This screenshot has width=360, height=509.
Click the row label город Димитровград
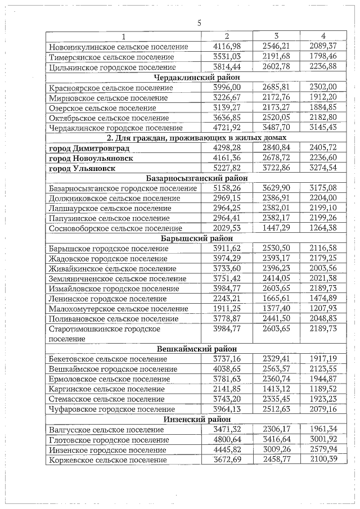coord(89,148)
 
